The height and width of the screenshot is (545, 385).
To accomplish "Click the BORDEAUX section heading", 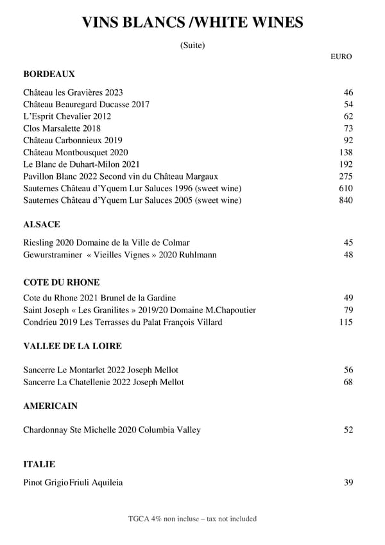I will [49, 74].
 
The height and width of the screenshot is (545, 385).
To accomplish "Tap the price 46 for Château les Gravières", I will [348, 92].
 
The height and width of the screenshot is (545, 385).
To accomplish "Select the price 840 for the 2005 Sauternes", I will [346, 200].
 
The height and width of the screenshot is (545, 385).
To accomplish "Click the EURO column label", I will [341, 56].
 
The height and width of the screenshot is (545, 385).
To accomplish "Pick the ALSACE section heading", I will [42, 225].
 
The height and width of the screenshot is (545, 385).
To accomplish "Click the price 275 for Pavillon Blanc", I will [346, 176].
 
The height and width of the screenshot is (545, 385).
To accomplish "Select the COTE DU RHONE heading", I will [61, 282].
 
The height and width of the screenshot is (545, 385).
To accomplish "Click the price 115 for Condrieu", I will [346, 322].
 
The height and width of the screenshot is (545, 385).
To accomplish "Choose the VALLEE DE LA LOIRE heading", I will [73, 346].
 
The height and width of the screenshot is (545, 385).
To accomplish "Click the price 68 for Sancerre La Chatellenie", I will [348, 382].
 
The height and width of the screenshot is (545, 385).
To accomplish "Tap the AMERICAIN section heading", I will [51, 406].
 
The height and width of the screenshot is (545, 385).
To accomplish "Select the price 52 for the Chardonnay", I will [348, 430].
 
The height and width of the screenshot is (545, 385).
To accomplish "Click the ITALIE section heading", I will [39, 464].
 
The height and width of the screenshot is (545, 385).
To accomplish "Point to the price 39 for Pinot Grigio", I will [348, 483].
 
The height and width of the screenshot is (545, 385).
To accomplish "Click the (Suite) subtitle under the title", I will [193, 45].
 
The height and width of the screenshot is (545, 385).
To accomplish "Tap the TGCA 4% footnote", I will [193, 519].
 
